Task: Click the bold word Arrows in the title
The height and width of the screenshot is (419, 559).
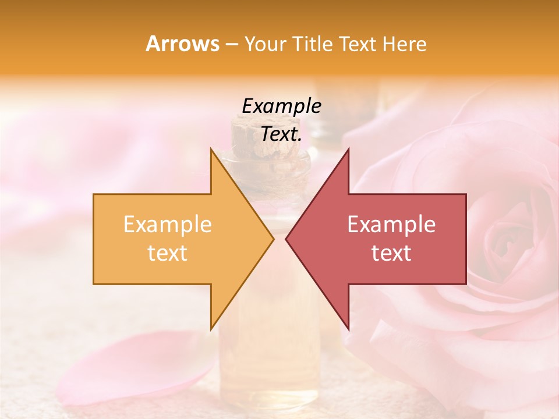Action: (x=183, y=44)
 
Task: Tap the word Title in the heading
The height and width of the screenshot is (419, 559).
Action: (x=312, y=44)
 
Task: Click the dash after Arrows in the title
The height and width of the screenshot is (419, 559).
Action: (x=232, y=44)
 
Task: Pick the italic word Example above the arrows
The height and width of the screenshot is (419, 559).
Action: (x=281, y=106)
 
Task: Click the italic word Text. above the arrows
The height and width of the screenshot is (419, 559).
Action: (x=281, y=134)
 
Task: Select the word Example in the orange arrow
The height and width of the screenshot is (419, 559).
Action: (x=168, y=224)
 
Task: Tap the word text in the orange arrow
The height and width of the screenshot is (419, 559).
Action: (x=168, y=253)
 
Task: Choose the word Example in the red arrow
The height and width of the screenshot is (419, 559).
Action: (x=391, y=224)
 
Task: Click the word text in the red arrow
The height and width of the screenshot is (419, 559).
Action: (x=391, y=253)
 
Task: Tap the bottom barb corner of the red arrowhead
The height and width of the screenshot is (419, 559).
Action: (x=348, y=329)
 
